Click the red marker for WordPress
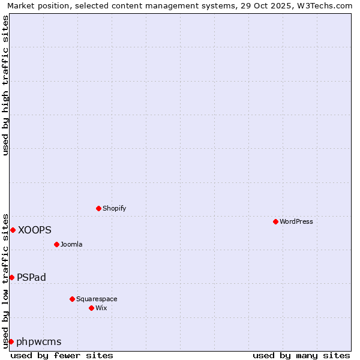click(x=275, y=221)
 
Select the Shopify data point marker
click(x=99, y=208)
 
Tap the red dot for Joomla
click(x=56, y=244)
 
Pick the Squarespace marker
click(x=72, y=299)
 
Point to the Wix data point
click(x=91, y=308)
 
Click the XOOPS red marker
click(x=13, y=230)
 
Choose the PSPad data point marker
click(x=11, y=277)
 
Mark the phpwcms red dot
click(x=11, y=341)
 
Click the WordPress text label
click(x=296, y=221)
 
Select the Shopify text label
click(x=114, y=208)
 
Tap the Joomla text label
click(x=71, y=244)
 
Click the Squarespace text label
click(x=97, y=299)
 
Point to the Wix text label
click(x=101, y=308)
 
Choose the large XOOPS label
click(x=35, y=230)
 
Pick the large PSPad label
click(x=32, y=277)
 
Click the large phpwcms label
click(x=39, y=342)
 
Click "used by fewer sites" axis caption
click(x=62, y=355)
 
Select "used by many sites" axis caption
click(x=301, y=355)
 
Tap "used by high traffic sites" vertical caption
click(x=5, y=85)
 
